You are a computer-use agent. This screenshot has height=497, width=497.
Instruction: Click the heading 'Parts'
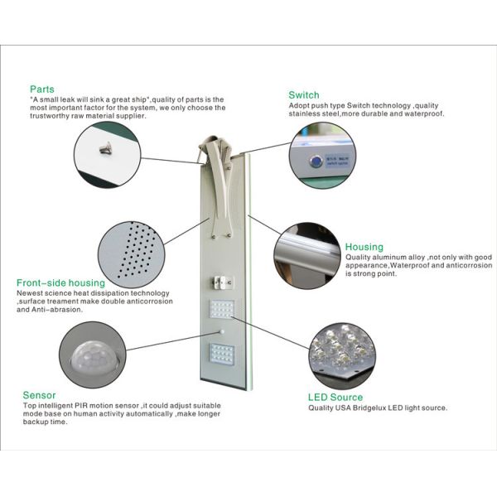tap(42, 89)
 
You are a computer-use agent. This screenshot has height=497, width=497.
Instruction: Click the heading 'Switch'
tap(303, 95)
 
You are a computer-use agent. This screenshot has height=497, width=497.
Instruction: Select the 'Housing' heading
tap(364, 247)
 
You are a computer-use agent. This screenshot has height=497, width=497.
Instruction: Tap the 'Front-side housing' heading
tap(61, 283)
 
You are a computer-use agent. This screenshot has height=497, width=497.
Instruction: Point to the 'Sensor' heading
tap(39, 395)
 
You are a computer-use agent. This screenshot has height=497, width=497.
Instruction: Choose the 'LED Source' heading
tap(336, 398)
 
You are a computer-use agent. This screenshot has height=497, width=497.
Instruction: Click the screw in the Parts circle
tap(105, 147)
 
